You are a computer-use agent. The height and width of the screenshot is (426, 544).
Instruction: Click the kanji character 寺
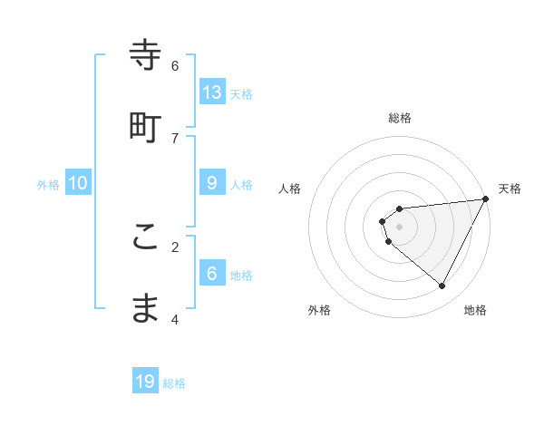coord(145,55)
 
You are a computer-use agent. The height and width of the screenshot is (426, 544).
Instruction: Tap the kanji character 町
coord(145,127)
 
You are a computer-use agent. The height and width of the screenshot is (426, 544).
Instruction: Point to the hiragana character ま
coord(145,308)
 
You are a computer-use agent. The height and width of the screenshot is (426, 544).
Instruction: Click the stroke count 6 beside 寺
coord(175,65)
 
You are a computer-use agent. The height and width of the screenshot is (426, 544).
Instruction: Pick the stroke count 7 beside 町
coord(175,137)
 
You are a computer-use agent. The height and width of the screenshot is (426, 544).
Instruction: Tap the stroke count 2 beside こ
coord(175,246)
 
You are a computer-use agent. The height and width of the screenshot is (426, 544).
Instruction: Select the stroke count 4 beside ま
coord(175,318)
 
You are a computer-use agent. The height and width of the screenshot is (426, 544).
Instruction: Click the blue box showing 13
coord(212,92)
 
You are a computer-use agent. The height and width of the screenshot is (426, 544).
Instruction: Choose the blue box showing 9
coord(212,182)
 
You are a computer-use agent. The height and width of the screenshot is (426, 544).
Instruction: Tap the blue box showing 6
coord(212,273)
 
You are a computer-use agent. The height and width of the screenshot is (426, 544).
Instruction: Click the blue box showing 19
coord(145,382)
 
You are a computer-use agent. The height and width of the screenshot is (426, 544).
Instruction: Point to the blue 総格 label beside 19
coord(175,383)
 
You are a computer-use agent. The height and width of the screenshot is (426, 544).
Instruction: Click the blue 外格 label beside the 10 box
coord(48,185)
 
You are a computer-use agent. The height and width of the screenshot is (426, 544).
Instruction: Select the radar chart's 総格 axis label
coord(400,118)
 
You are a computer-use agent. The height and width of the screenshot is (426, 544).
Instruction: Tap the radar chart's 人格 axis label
coord(290,189)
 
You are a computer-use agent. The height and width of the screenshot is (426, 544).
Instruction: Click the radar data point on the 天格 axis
coord(486,199)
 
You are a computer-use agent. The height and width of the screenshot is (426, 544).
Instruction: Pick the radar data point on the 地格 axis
coord(442,286)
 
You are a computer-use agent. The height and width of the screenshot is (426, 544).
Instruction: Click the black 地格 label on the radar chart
coord(475,310)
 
